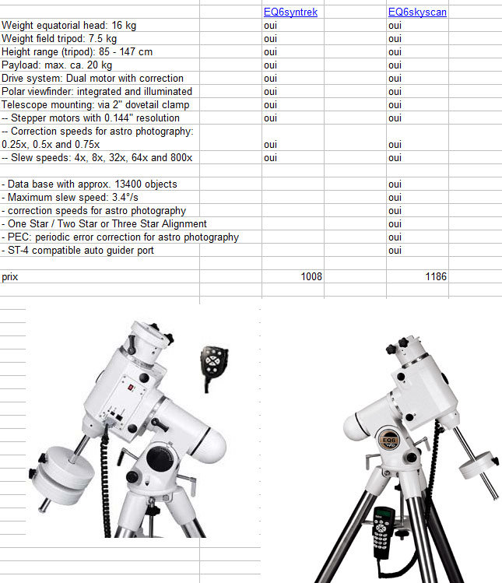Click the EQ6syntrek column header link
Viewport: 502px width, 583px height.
click(x=290, y=12)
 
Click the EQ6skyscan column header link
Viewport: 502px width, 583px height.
click(x=417, y=12)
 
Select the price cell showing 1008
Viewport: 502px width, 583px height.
click(x=311, y=276)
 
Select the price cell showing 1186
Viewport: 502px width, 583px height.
click(x=435, y=276)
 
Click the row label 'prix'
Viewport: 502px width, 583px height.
click(x=10, y=276)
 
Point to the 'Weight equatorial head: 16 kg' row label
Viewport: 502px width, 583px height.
click(x=68, y=26)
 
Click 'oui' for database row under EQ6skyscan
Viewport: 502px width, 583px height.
click(x=395, y=184)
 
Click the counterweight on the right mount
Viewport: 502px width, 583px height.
click(x=478, y=468)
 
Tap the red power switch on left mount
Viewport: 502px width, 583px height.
click(x=132, y=387)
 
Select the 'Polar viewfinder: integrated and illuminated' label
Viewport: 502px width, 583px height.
click(x=97, y=92)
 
